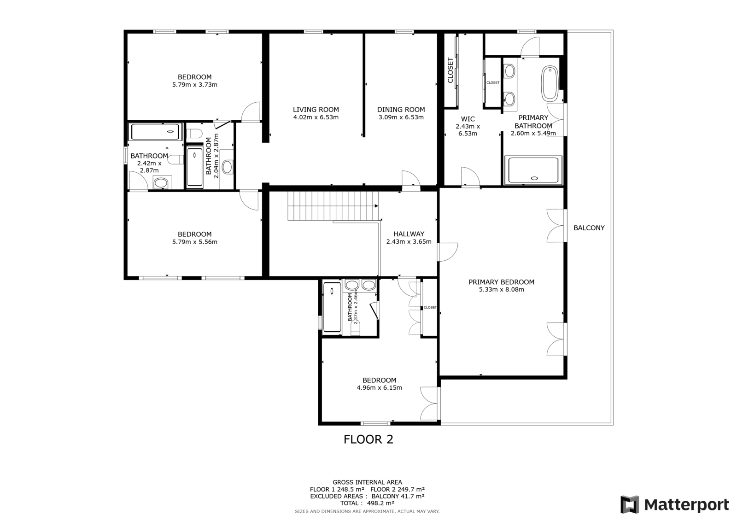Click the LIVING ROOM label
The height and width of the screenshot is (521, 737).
(x=316, y=110)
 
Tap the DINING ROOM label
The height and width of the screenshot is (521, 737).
(x=401, y=110)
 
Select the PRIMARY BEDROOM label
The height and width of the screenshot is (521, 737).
(x=502, y=282)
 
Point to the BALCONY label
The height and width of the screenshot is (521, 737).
(x=589, y=228)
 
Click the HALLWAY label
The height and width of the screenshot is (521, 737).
(x=409, y=234)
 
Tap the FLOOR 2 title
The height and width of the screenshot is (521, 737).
(x=368, y=439)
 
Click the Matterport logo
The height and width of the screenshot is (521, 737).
(x=674, y=504)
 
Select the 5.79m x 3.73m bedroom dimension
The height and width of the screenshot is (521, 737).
(x=195, y=85)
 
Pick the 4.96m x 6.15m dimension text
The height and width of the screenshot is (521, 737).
(x=380, y=388)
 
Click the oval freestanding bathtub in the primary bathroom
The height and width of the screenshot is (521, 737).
(x=550, y=83)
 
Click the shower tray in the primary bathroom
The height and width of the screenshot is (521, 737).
(x=533, y=170)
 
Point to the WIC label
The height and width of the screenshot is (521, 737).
(x=468, y=119)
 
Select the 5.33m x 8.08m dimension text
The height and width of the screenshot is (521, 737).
(x=502, y=290)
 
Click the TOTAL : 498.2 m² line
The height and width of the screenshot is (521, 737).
(x=367, y=503)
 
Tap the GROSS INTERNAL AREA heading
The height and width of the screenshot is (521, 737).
(x=367, y=482)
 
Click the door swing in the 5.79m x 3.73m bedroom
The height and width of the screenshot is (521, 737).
(x=251, y=112)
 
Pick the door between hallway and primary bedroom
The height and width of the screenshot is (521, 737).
(x=447, y=252)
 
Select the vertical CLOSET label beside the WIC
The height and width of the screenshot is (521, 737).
(x=450, y=70)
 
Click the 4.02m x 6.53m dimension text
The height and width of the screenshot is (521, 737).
(x=316, y=117)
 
